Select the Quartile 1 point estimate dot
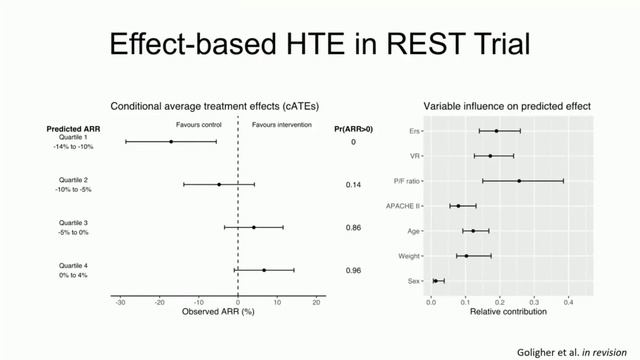click(171, 141)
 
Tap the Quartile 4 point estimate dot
click(264, 270)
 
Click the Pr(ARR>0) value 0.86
click(353, 228)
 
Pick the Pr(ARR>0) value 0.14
click(353, 185)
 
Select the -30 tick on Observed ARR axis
click(121, 302)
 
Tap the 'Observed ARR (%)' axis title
click(218, 313)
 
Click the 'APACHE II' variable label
click(404, 206)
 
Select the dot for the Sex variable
click(435, 281)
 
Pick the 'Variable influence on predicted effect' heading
click(507, 105)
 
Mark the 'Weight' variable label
click(408, 256)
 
